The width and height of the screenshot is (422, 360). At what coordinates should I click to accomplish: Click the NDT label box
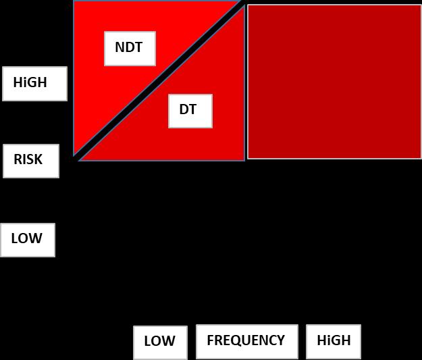point(130,49)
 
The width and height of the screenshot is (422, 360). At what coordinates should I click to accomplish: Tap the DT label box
point(190,111)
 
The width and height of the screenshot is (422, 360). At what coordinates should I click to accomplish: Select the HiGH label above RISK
point(34,84)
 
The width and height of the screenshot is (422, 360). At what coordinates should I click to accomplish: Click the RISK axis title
point(30,161)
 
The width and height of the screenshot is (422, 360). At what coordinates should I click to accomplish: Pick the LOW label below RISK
point(27,240)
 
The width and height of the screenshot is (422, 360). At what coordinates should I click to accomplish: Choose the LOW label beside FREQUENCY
point(160,342)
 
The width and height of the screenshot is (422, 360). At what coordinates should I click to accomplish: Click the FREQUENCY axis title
point(246,341)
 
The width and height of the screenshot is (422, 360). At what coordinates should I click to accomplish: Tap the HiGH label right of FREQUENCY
point(333,342)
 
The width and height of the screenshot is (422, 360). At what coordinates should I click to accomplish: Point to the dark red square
point(334,81)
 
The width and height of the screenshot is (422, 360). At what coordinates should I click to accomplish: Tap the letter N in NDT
point(120,48)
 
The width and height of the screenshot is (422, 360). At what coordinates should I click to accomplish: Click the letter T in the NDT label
point(138,48)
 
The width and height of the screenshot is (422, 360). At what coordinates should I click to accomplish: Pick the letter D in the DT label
point(184,109)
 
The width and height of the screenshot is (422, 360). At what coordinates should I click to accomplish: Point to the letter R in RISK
point(18,160)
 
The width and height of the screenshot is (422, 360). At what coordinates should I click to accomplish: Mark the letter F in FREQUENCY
point(211,340)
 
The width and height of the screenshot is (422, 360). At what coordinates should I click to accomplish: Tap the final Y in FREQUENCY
point(281,340)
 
